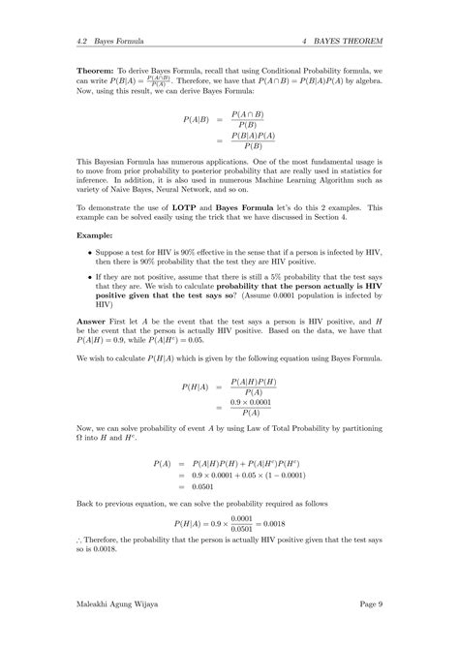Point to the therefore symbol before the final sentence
click(x=80, y=541)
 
